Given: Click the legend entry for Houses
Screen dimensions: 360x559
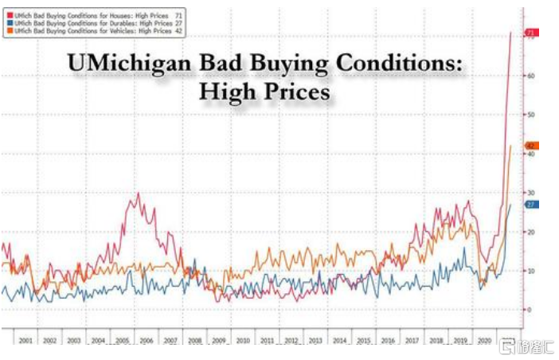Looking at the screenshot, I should pos(96,14).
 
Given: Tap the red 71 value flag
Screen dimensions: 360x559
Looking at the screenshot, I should pos(532,33).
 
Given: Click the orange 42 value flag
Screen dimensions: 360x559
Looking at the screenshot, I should pos(532,146).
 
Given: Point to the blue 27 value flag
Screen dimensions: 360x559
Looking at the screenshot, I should pos(532,205).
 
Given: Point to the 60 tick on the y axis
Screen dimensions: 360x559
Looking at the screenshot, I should pos(528,76).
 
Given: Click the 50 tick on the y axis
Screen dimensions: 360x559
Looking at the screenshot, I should pos(528,115).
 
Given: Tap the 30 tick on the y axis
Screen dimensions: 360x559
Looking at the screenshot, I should pos(528,193).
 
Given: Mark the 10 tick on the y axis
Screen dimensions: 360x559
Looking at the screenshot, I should pos(528,271).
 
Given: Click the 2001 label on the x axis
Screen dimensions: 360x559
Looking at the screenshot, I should pos(25,340).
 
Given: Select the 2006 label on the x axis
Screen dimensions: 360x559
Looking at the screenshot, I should pos(147,340).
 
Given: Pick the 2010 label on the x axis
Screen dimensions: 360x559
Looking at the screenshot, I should pos(243,340).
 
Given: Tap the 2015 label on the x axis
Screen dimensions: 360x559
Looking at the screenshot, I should pos(363,340).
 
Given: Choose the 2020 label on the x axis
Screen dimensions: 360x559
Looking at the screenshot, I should pos(483,340).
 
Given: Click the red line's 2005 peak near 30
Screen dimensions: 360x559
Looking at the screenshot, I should pos(139,194).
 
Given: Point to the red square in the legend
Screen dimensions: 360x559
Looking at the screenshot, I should pos(7,14).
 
